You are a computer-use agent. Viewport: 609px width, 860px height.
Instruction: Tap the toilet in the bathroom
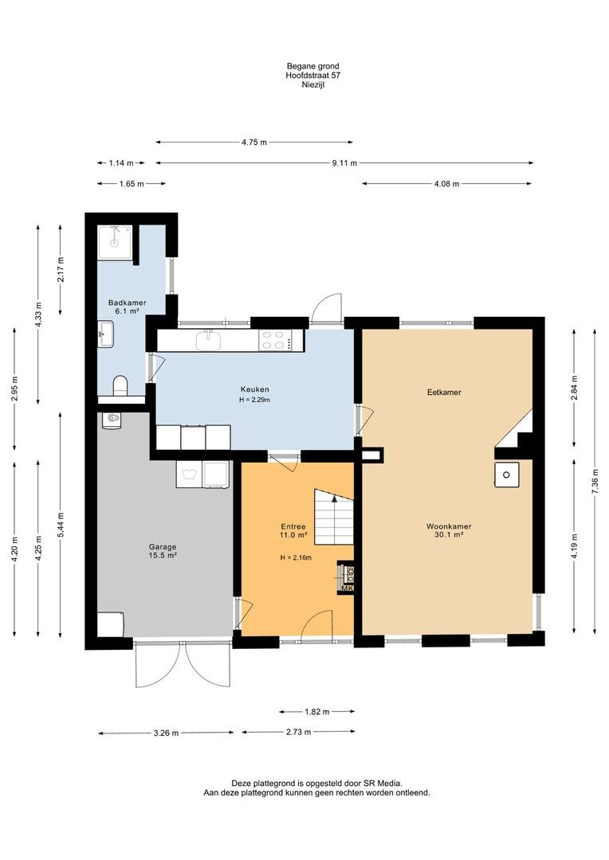coord(120,385)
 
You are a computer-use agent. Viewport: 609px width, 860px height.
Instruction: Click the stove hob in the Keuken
coord(276,339)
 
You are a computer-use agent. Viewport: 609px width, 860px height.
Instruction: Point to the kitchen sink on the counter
coord(208,339)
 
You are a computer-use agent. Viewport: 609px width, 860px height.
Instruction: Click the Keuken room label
coord(254,390)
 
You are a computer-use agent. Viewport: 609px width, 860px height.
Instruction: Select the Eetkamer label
coord(444,392)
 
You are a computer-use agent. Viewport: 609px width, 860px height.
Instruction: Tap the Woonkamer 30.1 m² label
coord(449,530)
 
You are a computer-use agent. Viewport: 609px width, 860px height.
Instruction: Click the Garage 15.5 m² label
coord(163,551)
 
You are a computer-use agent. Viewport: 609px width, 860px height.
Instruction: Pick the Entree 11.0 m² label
coord(293,530)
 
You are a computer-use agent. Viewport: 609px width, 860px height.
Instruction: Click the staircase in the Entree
coord(333,516)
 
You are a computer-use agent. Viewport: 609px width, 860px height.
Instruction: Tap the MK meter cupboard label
coord(347,588)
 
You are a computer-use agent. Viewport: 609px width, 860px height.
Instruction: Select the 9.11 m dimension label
coord(345,163)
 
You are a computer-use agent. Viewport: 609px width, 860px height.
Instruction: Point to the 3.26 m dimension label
coord(166,733)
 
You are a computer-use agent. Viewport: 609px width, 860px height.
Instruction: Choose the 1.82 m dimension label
coord(317,712)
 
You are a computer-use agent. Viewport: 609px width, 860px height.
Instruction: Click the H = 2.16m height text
coord(296,557)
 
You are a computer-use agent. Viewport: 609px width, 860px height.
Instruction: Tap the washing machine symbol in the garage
coord(190,474)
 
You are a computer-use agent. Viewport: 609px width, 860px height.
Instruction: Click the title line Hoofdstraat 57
coord(312,76)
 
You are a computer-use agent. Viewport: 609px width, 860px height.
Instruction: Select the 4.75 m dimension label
coord(254,143)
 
